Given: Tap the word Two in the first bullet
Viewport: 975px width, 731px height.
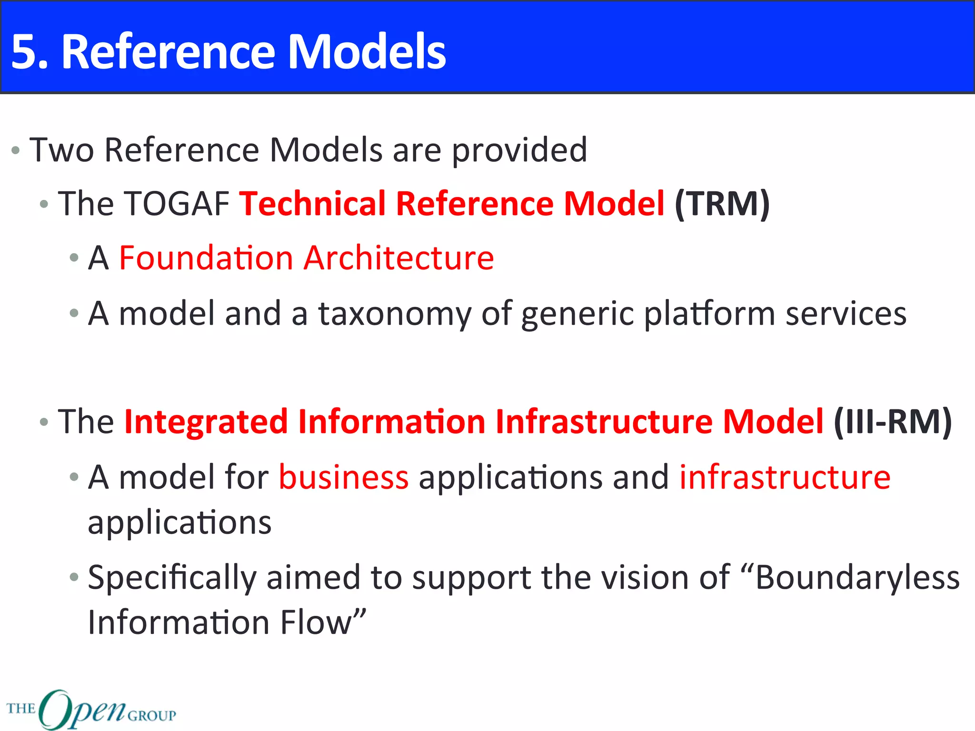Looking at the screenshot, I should [61, 150].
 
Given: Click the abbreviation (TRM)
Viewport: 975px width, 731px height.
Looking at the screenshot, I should [722, 204].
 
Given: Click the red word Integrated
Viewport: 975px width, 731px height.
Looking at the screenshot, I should [206, 422].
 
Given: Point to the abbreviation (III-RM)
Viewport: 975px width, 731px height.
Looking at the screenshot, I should [892, 422].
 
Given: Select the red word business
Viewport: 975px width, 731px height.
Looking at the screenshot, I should [343, 477].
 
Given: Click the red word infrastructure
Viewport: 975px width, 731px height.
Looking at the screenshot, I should [785, 477].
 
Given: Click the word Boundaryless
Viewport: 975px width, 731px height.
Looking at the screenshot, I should [857, 578].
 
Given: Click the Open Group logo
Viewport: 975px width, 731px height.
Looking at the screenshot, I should [90, 709].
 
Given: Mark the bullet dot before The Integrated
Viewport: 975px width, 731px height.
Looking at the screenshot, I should [44, 423].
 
